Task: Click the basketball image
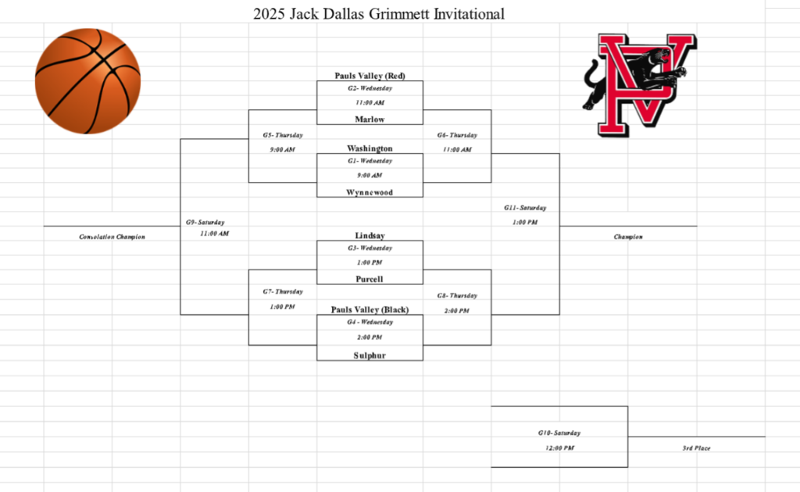pyautogui.click(x=87, y=81)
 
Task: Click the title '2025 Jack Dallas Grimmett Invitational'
pyautogui.click(x=379, y=13)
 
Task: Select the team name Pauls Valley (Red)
pyautogui.click(x=370, y=76)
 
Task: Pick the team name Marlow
pyautogui.click(x=370, y=119)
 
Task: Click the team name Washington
pyautogui.click(x=370, y=148)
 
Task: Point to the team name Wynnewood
pyautogui.click(x=370, y=192)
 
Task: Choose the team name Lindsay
pyautogui.click(x=370, y=235)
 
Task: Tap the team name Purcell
pyautogui.click(x=370, y=279)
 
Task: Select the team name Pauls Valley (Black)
pyautogui.click(x=370, y=309)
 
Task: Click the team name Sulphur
pyautogui.click(x=370, y=355)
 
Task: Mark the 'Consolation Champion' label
pyautogui.click(x=112, y=237)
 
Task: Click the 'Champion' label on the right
pyautogui.click(x=628, y=237)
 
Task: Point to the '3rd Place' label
pyautogui.click(x=696, y=448)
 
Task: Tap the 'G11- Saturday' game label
pyautogui.click(x=524, y=208)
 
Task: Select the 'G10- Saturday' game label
pyautogui.click(x=559, y=433)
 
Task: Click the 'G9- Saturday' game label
pyautogui.click(x=205, y=223)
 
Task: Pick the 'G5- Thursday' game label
pyautogui.click(x=282, y=135)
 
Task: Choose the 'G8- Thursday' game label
pyautogui.click(x=457, y=296)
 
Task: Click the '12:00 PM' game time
pyautogui.click(x=559, y=448)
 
